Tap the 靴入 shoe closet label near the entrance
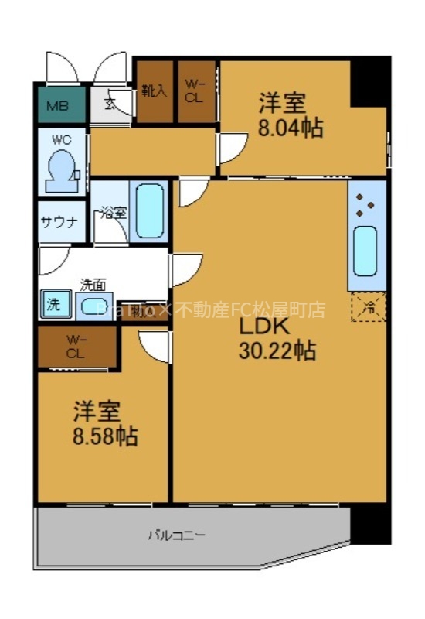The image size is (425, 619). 155,91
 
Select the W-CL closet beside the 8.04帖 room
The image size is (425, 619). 196,91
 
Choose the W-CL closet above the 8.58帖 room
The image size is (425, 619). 75,346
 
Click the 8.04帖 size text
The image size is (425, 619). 291,128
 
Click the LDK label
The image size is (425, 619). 267,326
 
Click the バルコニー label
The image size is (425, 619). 177,535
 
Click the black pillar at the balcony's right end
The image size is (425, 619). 370,525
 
